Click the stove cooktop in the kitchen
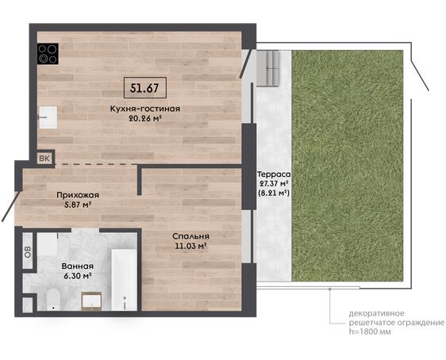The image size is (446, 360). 48,54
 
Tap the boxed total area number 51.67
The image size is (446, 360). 144,88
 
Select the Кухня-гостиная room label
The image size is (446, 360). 145,109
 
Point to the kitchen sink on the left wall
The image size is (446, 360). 48,117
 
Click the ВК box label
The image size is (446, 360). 44,159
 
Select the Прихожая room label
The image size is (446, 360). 78,195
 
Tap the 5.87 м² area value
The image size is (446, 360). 78,205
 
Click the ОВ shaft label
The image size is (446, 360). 28,251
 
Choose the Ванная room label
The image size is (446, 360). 78,266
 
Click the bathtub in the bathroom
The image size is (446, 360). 124,280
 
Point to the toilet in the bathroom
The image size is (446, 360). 53,300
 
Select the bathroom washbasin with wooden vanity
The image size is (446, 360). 91,301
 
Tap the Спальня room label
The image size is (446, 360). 190,236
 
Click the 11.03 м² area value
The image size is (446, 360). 190,246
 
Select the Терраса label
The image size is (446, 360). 274,174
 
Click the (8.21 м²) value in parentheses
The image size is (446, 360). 274,193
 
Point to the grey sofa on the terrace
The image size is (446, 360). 267,68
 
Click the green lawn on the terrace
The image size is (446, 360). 348,166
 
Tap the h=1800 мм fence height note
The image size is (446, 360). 370,331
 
